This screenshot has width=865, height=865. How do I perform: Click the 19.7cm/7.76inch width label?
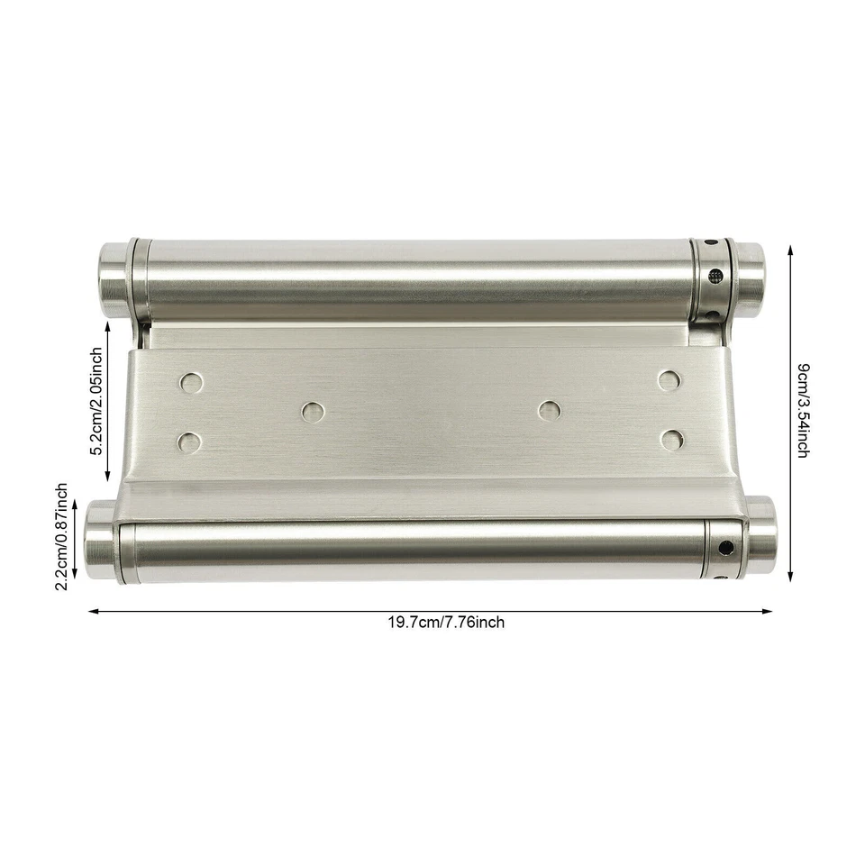[446, 623]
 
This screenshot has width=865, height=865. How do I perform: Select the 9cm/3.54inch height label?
[802, 410]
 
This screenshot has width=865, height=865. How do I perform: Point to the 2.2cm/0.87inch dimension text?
[61, 537]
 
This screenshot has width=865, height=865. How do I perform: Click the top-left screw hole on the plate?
[190, 382]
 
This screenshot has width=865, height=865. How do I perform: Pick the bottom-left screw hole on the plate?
[190, 442]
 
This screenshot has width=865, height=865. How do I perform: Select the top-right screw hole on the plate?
[668, 379]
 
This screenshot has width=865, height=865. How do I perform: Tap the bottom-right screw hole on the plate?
[670, 439]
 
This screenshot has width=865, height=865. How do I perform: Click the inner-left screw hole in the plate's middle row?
[312, 412]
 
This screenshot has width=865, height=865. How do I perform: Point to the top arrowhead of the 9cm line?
[790, 247]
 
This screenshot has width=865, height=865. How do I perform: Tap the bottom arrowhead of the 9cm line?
[790, 578]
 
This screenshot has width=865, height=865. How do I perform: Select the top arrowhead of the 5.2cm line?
[110, 328]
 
